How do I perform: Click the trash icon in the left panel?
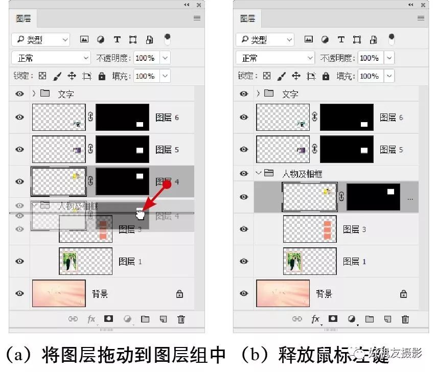click(x=181, y=319)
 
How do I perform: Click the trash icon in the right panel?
click(x=405, y=319)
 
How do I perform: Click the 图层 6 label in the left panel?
click(x=167, y=118)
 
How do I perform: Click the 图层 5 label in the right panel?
click(x=391, y=150)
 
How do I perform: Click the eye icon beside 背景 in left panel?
click(x=19, y=293)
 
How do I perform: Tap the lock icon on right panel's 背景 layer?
click(x=404, y=294)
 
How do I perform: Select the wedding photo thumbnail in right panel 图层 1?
click(x=293, y=261)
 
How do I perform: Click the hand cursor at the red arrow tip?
click(x=140, y=214)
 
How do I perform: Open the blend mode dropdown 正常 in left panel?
click(x=50, y=58)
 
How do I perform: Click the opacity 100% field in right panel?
click(x=369, y=58)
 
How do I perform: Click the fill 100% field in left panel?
click(x=145, y=76)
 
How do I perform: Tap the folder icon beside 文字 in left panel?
click(x=45, y=94)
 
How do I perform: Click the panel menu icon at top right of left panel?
click(x=197, y=18)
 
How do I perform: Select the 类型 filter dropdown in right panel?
click(x=265, y=39)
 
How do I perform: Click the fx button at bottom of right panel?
click(x=316, y=319)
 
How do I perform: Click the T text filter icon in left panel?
click(x=117, y=39)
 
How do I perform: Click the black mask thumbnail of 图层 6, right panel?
click(x=347, y=118)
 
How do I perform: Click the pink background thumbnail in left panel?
click(x=59, y=293)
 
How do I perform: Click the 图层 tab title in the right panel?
click(x=248, y=19)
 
